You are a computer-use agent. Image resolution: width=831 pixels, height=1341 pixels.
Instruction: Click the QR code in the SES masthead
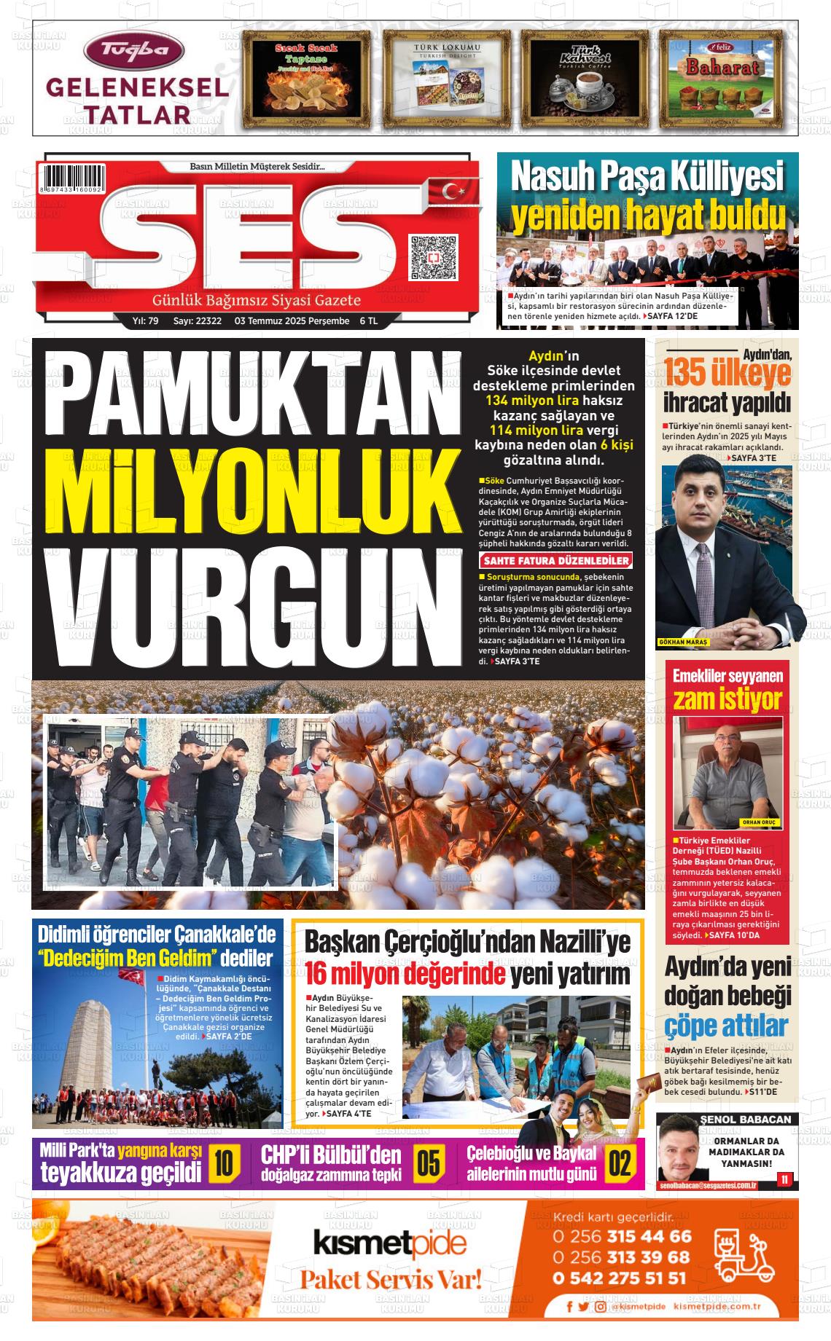point(433,257)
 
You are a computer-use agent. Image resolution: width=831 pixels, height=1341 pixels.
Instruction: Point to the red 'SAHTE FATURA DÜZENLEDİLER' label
point(555,561)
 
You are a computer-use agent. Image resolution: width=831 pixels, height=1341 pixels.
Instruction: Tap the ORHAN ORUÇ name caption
point(759,822)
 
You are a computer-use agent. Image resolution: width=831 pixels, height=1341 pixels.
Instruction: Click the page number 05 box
point(429,1163)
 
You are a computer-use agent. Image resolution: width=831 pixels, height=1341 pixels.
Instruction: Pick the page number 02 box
point(620,1163)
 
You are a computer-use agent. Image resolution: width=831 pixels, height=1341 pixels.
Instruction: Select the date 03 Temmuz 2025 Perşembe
point(292,321)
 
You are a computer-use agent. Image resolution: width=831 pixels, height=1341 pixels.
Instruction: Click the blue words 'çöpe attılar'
point(726,1026)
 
